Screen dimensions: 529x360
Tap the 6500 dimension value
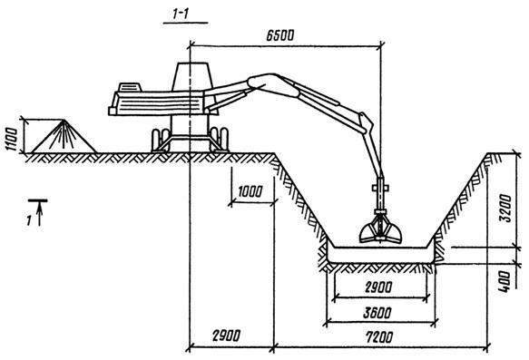tap(280, 35)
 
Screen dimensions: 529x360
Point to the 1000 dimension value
tap(250, 191)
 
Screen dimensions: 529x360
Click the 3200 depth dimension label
tap(505, 209)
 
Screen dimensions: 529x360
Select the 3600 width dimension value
tap(377, 313)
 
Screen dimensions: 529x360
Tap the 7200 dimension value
tap(379, 336)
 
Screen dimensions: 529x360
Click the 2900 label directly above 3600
tap(378, 287)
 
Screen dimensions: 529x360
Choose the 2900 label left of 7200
tap(226, 336)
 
